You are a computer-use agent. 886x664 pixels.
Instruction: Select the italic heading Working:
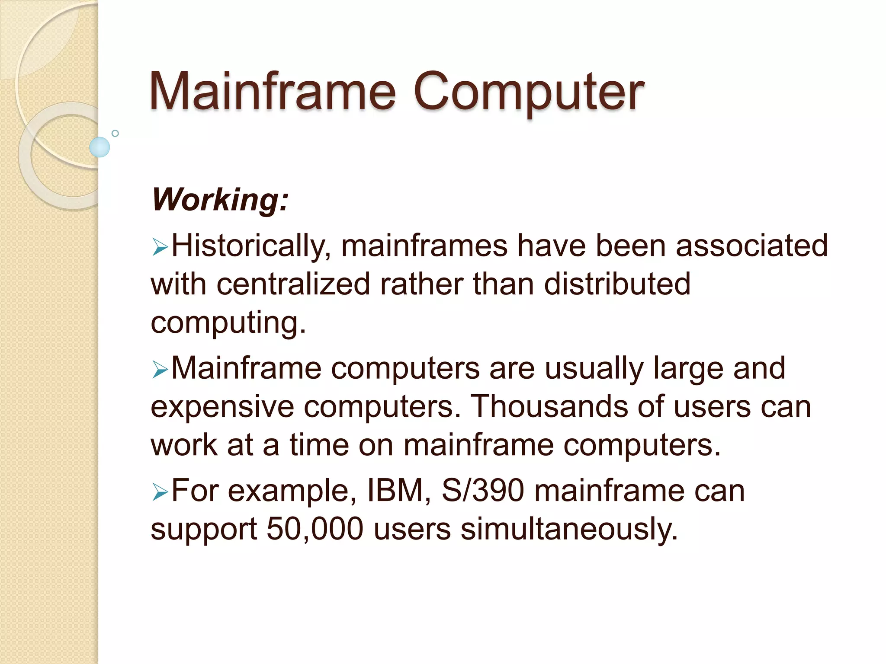tap(220, 200)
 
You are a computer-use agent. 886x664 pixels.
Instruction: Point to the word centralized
tap(293, 284)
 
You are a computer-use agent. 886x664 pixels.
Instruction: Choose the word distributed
tap(617, 284)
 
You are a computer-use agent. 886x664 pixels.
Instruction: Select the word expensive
tap(221, 407)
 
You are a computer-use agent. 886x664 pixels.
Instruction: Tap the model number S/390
tap(482, 491)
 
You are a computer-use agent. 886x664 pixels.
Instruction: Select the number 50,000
tap(315, 529)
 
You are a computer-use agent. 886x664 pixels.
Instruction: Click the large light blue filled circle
tap(100, 147)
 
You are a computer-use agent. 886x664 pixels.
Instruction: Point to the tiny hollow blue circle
tap(115, 133)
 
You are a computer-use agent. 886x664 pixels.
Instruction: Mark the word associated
tap(751, 246)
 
